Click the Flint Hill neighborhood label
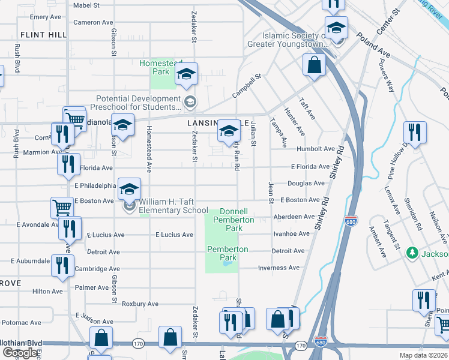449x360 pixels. click(43, 35)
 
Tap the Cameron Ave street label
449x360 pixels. click(93, 22)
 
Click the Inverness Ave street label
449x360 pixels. click(279, 268)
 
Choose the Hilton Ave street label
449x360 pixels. click(47, 291)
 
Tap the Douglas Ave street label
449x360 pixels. click(306, 183)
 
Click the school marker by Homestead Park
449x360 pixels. click(186, 74)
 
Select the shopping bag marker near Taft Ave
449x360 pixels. click(314, 65)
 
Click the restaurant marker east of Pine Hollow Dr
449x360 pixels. click(414, 132)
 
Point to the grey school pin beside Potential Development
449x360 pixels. click(190, 101)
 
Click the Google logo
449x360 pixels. click(20, 353)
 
